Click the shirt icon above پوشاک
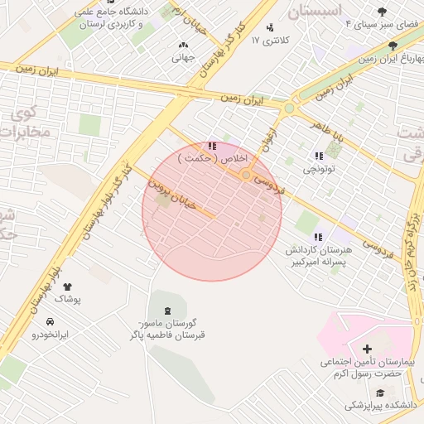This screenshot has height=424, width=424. tap(67, 287)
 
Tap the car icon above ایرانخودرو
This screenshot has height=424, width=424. tap(50, 321)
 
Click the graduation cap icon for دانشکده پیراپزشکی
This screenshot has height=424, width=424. tap(380, 393)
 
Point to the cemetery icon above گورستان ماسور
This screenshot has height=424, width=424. tap(169, 311)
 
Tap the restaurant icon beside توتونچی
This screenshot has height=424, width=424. tap(319, 156)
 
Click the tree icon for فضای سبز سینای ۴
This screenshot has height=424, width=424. tap(382, 12)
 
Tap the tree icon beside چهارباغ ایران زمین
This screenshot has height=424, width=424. tap(392, 46)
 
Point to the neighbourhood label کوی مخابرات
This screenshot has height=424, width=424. tap(28, 122)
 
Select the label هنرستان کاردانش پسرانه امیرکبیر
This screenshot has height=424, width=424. tap(317, 256)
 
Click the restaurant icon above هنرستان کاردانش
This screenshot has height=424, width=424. tap(318, 238)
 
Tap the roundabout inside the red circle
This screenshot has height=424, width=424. tap(246, 175)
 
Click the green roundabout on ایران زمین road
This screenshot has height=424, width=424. tap(289, 108)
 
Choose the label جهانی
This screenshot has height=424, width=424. tap(182, 58)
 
